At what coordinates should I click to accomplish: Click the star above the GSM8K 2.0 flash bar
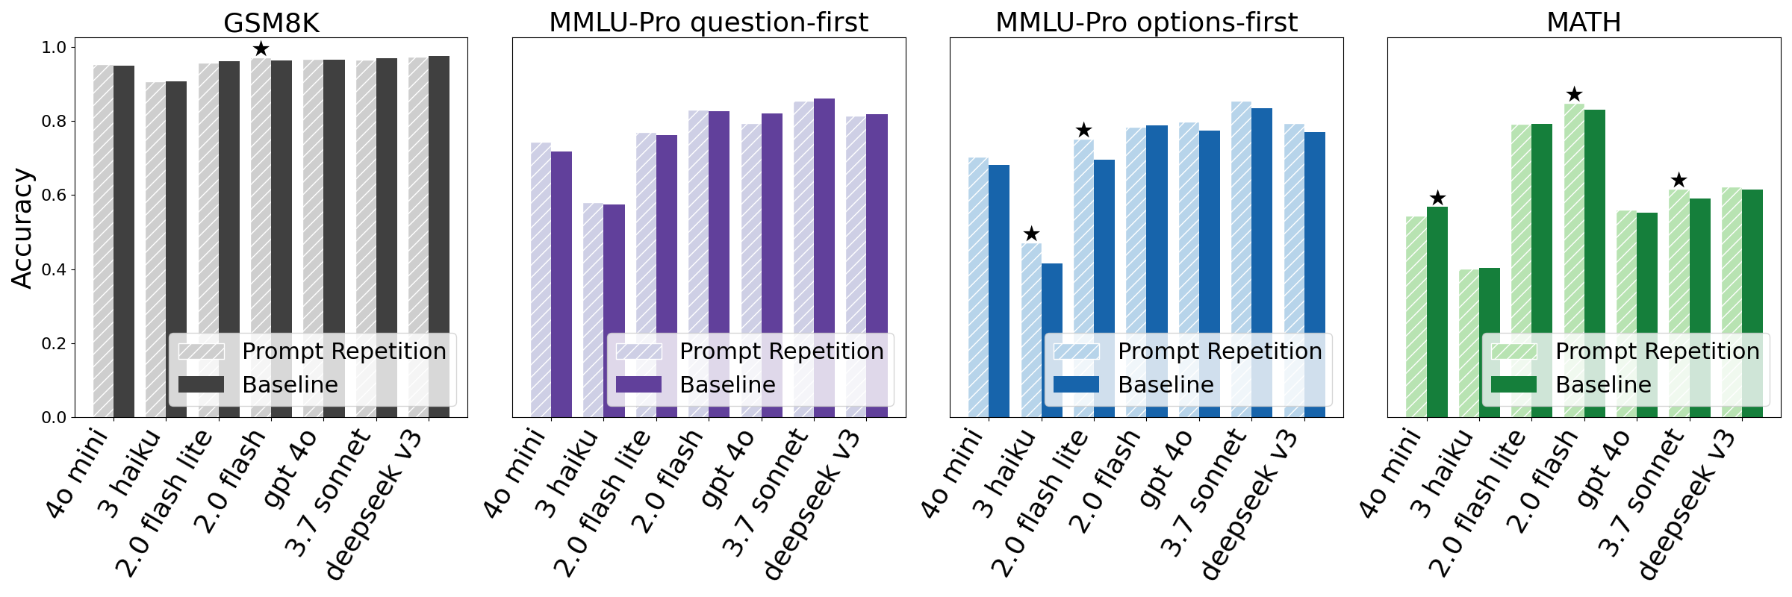pos(261,49)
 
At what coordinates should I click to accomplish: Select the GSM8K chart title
pos(271,22)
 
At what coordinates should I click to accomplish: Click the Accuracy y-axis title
pos(22,228)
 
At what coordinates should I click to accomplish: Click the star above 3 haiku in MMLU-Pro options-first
pos(1031,234)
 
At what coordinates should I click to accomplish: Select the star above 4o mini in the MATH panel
pos(1437,199)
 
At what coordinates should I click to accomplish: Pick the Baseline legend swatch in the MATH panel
pos(1513,384)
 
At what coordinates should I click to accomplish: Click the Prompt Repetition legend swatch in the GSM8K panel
pos(201,351)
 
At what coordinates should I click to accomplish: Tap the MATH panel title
pos(1584,22)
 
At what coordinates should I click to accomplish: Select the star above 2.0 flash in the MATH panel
pos(1574,95)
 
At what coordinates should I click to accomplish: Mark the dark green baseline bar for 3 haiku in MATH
pos(1490,340)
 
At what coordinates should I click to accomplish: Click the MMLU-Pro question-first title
pos(709,22)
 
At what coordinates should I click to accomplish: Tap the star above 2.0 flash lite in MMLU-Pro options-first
pos(1083,131)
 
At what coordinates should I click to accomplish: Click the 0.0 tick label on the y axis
pos(54,417)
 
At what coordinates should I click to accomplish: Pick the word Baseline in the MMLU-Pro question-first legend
pos(727,384)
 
